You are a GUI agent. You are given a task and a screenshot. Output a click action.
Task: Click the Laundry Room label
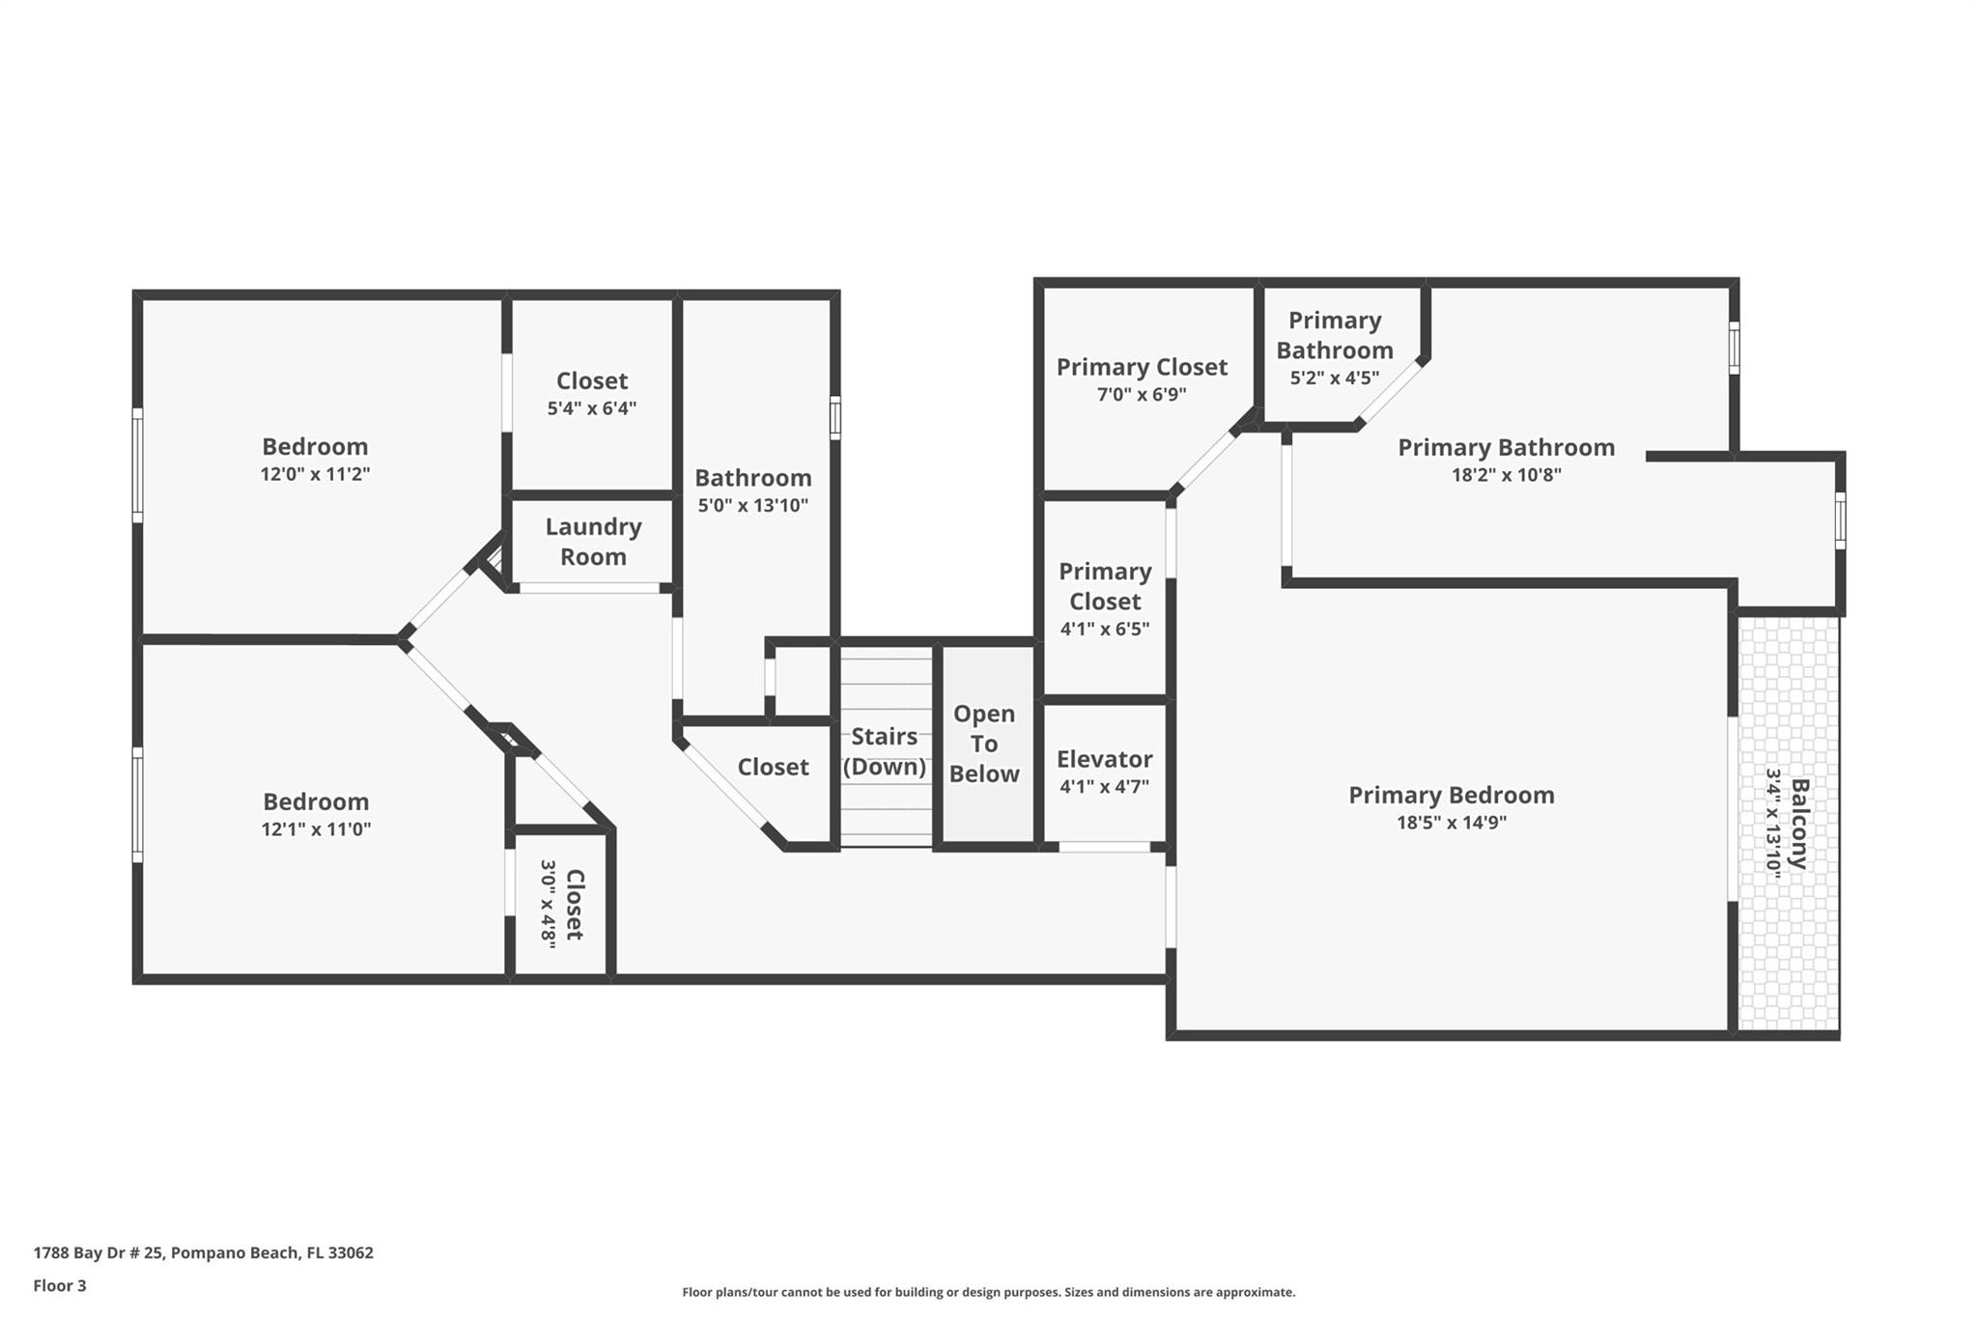(x=593, y=542)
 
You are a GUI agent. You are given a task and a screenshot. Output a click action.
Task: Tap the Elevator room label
(x=1104, y=759)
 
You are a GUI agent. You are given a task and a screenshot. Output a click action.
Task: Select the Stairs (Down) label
(x=885, y=751)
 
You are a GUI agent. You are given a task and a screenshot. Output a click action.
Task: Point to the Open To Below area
(x=984, y=743)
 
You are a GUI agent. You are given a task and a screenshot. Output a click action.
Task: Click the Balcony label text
(x=1799, y=824)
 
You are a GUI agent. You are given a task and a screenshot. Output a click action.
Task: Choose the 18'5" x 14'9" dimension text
(x=1452, y=823)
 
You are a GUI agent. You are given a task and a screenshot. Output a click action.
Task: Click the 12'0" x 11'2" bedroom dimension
(x=316, y=474)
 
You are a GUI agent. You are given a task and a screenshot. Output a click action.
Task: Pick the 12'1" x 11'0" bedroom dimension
(x=316, y=828)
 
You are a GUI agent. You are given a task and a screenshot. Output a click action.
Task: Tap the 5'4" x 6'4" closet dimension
(x=592, y=408)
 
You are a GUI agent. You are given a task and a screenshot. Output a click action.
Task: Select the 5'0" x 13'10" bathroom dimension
(x=753, y=505)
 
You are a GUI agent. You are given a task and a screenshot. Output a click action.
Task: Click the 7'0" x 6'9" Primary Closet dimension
(x=1142, y=394)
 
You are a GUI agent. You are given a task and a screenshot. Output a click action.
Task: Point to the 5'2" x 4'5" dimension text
(x=1335, y=378)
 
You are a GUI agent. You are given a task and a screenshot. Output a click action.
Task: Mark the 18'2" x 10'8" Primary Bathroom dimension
(x=1507, y=475)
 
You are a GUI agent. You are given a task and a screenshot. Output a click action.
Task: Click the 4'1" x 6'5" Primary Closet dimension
(x=1105, y=629)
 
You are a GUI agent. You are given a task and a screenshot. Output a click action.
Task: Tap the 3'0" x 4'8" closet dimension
(x=549, y=905)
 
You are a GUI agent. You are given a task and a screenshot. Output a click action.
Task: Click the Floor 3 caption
(x=60, y=1286)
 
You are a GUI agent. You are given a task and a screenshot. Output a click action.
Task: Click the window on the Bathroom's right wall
(x=835, y=418)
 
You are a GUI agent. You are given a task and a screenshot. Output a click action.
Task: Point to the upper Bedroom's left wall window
(x=138, y=465)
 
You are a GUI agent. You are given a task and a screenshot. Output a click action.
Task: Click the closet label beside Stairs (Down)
(x=773, y=767)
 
